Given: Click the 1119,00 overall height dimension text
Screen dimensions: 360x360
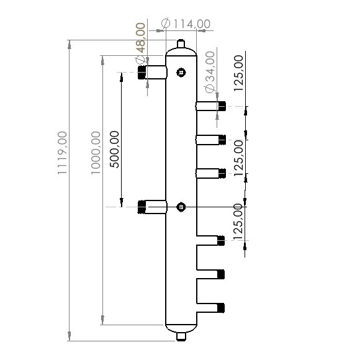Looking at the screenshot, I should click(62, 153).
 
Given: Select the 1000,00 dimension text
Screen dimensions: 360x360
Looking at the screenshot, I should click(95, 153).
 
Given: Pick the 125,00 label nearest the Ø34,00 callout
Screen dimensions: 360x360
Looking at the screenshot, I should click(240, 72).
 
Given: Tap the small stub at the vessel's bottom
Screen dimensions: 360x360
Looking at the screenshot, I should click(181, 336).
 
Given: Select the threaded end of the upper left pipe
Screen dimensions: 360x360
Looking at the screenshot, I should click(142, 73).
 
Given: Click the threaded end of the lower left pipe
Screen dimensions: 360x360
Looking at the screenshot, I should click(142, 207).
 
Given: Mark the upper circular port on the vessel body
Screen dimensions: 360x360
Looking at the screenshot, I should click(181, 73).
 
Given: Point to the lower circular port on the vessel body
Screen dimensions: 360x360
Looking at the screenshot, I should click(181, 207).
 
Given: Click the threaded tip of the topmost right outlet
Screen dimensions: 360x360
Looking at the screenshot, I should click(221, 106).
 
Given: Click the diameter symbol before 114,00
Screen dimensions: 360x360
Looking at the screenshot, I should click(166, 23).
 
